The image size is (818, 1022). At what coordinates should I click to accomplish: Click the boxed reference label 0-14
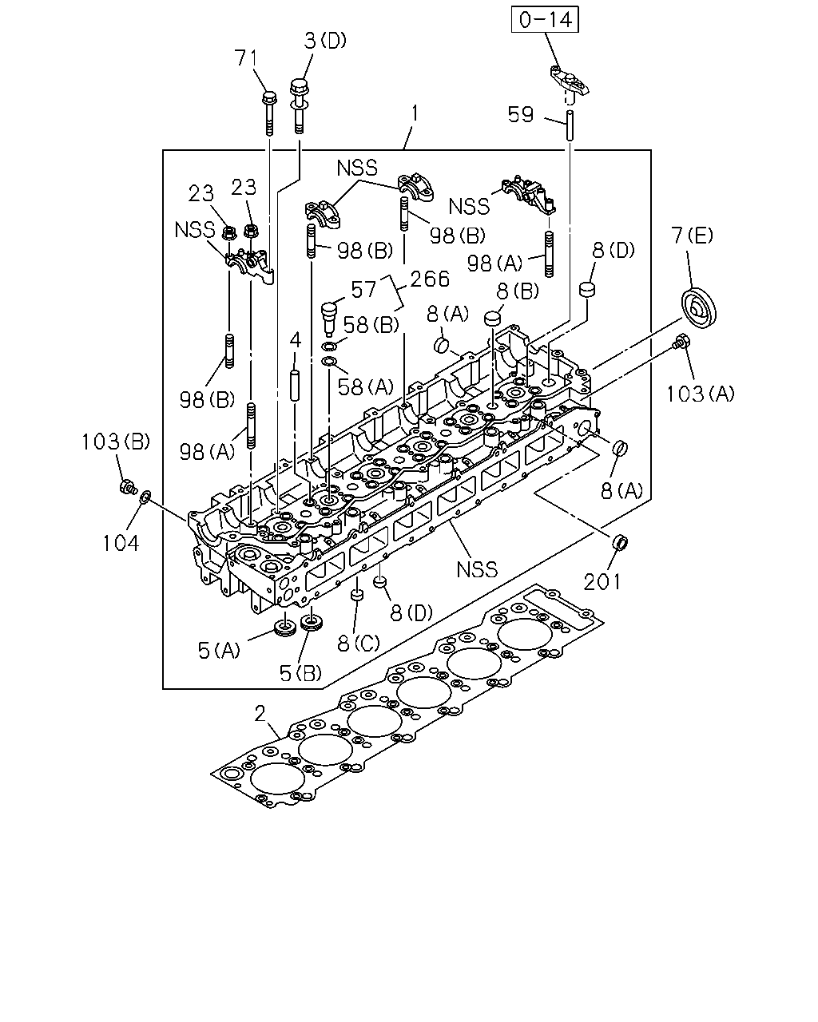tap(545, 20)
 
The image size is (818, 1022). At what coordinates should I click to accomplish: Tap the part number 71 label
tap(246, 58)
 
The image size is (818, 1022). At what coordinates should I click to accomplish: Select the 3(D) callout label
tap(325, 41)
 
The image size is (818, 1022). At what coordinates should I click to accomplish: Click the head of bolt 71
tap(269, 98)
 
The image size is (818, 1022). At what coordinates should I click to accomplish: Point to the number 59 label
tap(521, 115)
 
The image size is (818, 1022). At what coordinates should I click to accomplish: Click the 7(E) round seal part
tap(699, 307)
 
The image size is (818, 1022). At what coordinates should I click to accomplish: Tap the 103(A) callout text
tap(700, 394)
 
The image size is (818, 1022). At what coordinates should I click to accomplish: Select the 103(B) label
tap(116, 442)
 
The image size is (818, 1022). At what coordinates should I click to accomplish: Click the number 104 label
tap(121, 543)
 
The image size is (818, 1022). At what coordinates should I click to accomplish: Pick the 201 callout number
tap(602, 582)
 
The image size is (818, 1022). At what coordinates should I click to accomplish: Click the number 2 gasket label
tap(260, 713)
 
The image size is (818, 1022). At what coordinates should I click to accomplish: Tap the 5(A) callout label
tap(219, 650)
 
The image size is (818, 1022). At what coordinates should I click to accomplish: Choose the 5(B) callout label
tap(300, 672)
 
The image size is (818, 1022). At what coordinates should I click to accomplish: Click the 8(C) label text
tap(359, 643)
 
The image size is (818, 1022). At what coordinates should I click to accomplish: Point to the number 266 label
tap(430, 279)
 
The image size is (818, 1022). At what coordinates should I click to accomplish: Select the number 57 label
tap(363, 289)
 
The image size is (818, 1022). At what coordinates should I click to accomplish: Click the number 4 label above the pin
tap(296, 340)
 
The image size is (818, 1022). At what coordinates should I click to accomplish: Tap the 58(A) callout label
tap(366, 387)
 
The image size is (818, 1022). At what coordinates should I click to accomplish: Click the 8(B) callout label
tap(518, 291)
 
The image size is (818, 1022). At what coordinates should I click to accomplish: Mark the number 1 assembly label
tap(415, 113)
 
